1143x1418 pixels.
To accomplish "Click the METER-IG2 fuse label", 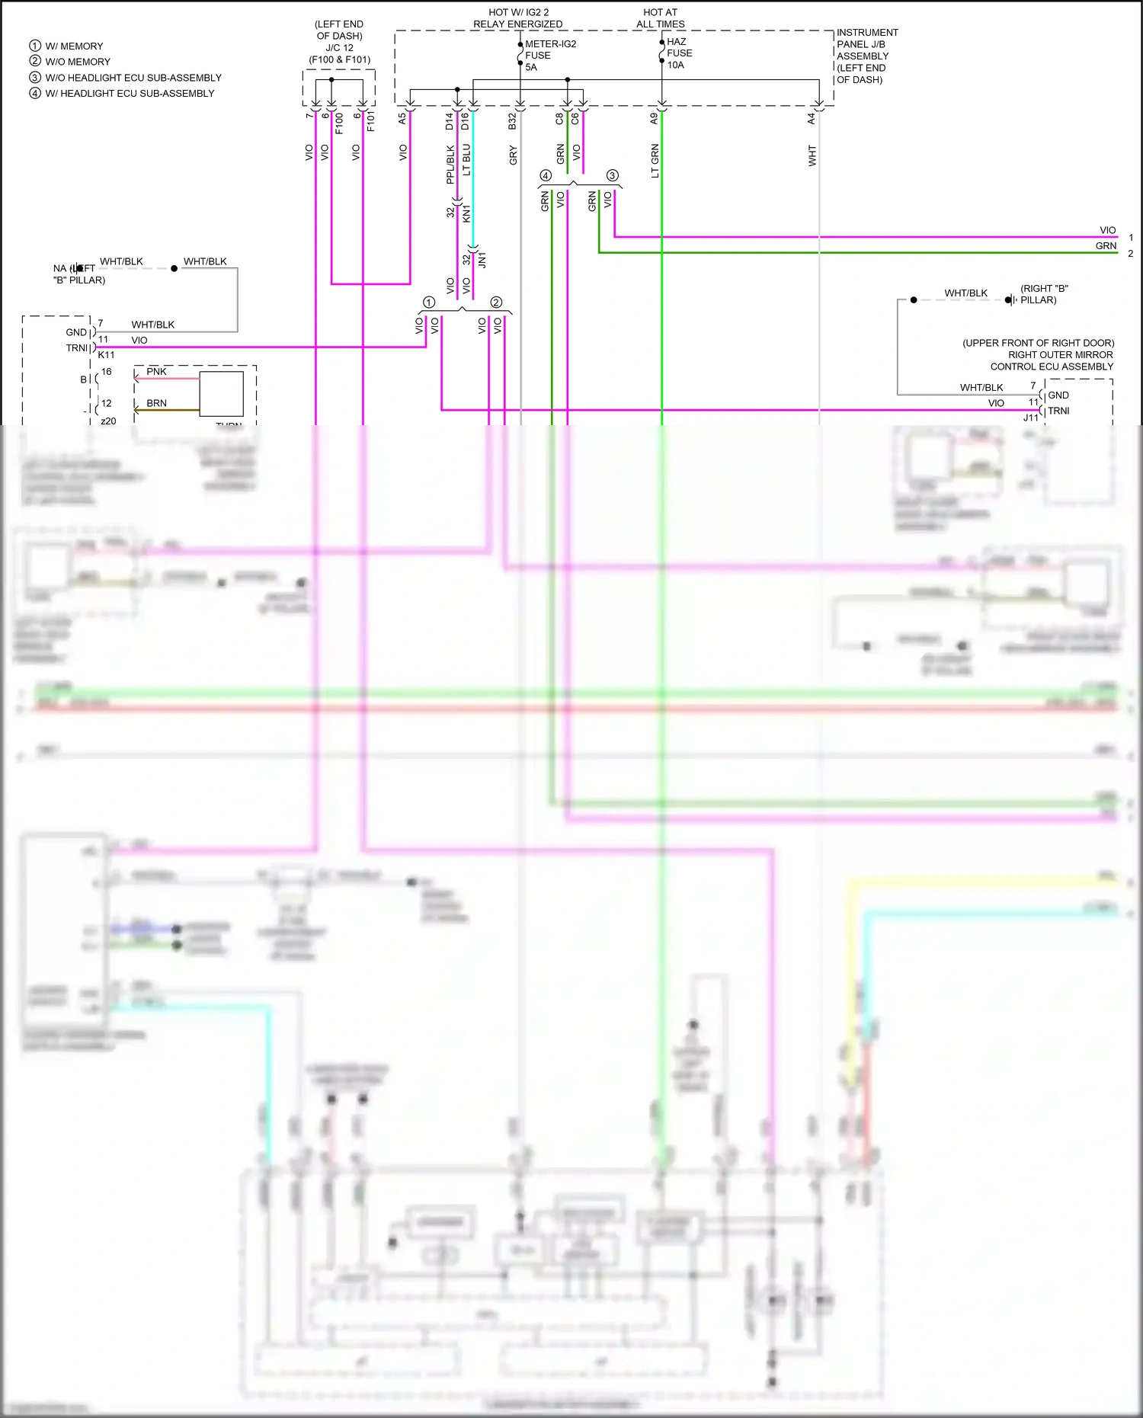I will pyautogui.click(x=550, y=44).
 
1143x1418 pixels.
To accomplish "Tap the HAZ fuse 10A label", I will pyautogui.click(x=679, y=53).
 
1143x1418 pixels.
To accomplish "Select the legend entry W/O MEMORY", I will pyautogui.click(x=77, y=62).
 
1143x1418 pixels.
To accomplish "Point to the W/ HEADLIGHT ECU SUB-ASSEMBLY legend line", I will pyautogui.click(x=130, y=94).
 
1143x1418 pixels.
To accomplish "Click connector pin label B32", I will pyautogui.click(x=513, y=120).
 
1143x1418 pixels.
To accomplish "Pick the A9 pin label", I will pyautogui.click(x=654, y=119).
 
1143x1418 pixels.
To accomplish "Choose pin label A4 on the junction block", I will pyautogui.click(x=812, y=119).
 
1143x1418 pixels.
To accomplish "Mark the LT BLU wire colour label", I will pyautogui.click(x=466, y=160).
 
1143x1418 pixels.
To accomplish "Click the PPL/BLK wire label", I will pyautogui.click(x=450, y=165).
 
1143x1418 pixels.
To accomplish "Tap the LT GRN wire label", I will pyautogui.click(x=655, y=161).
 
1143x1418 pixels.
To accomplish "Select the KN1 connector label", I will pyautogui.click(x=466, y=213).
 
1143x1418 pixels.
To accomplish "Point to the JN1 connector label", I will pyautogui.click(x=482, y=260).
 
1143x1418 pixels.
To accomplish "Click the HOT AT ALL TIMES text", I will pyautogui.click(x=660, y=18).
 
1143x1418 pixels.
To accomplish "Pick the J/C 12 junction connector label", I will pyautogui.click(x=340, y=47).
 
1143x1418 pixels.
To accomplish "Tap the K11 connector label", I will pyautogui.click(x=107, y=355).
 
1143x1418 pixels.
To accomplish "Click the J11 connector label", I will pyautogui.click(x=1030, y=418).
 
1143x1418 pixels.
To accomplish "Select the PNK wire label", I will pyautogui.click(x=156, y=372).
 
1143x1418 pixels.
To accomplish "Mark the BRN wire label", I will pyautogui.click(x=156, y=403).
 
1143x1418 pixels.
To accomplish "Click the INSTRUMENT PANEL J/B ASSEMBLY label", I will pyautogui.click(x=867, y=56).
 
